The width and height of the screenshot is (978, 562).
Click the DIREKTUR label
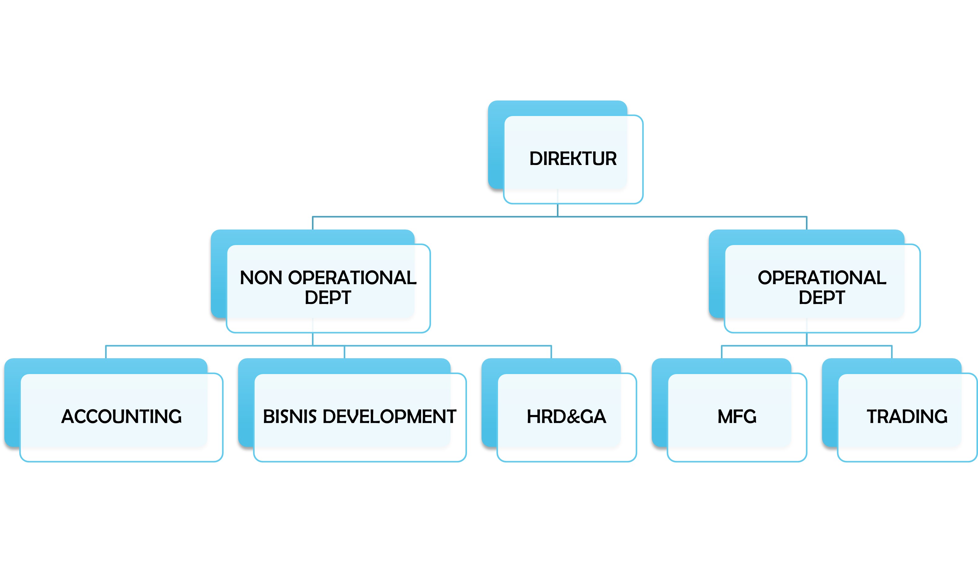pyautogui.click(x=573, y=158)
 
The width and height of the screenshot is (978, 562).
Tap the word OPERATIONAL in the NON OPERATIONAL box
pyautogui.click(x=352, y=278)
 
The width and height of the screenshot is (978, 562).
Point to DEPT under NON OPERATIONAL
pyautogui.click(x=328, y=298)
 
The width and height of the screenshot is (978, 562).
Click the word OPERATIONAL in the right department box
pyautogui.click(x=822, y=278)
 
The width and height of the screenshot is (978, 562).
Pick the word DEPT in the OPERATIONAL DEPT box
pyautogui.click(x=822, y=298)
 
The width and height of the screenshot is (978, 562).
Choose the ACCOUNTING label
pyautogui.click(x=122, y=417)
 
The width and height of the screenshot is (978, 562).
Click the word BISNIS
pyautogui.click(x=290, y=417)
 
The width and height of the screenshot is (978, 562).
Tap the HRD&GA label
pyautogui.click(x=566, y=417)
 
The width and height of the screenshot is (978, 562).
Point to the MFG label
pyautogui.click(x=737, y=417)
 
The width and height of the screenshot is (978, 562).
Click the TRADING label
pyautogui.click(x=907, y=417)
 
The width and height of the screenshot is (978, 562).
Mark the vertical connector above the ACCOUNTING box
pyautogui.click(x=106, y=352)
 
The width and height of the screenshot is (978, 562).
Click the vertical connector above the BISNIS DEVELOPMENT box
pyautogui.click(x=344, y=352)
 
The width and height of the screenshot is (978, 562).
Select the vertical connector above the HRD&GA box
pyautogui.click(x=551, y=352)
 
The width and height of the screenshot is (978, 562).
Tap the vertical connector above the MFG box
pyautogui.click(x=722, y=352)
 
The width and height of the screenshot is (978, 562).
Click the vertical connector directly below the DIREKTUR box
pyautogui.click(x=558, y=210)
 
